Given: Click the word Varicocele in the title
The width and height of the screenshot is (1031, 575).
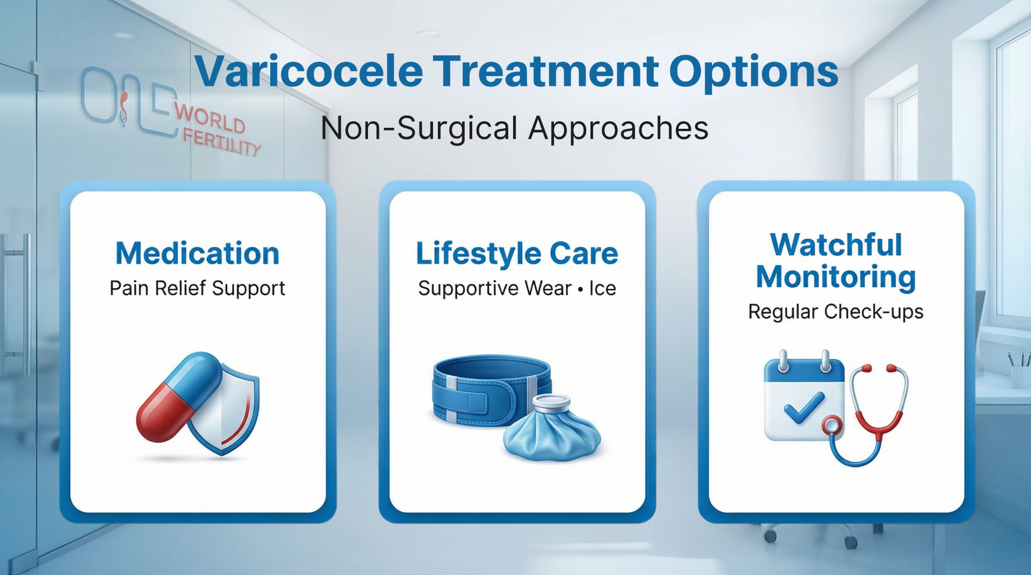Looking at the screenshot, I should pyautogui.click(x=308, y=71).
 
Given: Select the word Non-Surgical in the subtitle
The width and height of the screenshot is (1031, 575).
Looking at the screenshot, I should pyautogui.click(x=419, y=128).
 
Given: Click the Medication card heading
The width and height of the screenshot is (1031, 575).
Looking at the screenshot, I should pyautogui.click(x=197, y=253).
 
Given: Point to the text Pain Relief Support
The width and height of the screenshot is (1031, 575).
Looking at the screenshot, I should pyautogui.click(x=197, y=288).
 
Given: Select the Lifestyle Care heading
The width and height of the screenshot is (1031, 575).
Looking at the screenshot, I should pyautogui.click(x=517, y=253).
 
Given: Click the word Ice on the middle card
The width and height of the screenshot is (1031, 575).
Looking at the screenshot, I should pyautogui.click(x=602, y=289).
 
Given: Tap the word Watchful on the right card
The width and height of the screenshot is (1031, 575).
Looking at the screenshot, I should pyautogui.click(x=835, y=245).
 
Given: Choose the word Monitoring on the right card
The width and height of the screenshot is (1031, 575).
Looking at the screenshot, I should pyautogui.click(x=835, y=277).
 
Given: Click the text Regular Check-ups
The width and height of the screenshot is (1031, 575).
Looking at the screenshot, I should pyautogui.click(x=835, y=311).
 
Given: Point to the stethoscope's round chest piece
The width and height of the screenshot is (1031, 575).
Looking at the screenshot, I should pyautogui.click(x=832, y=426).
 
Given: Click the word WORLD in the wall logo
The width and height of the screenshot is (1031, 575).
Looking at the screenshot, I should pyautogui.click(x=210, y=119).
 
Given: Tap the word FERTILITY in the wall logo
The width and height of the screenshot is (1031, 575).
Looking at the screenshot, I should pyautogui.click(x=221, y=143).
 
